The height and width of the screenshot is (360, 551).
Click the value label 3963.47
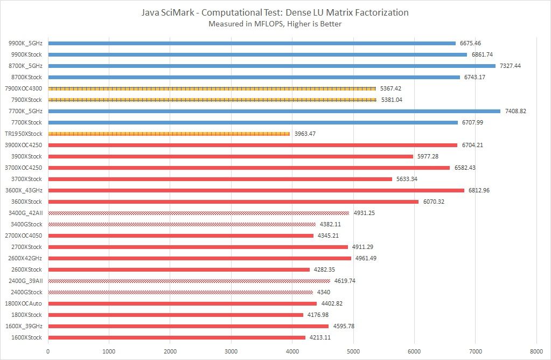click(x=305, y=134)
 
